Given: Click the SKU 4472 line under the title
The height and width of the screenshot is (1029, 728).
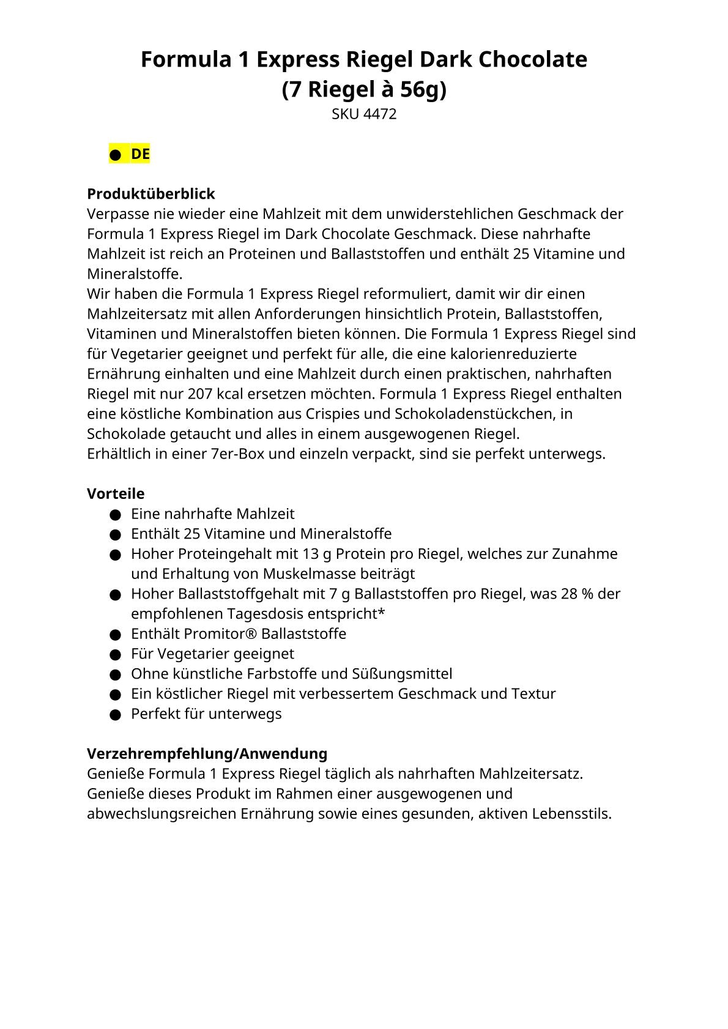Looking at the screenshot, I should click(x=364, y=114).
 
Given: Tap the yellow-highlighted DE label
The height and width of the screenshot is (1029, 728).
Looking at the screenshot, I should click(x=140, y=154).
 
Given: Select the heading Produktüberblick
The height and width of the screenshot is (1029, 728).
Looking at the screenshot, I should click(x=150, y=194).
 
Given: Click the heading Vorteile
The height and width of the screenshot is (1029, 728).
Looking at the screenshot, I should click(x=116, y=493).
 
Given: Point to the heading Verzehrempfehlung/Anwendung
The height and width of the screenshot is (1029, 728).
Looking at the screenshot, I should click(x=207, y=753).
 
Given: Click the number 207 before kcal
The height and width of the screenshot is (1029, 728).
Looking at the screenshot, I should click(x=200, y=394).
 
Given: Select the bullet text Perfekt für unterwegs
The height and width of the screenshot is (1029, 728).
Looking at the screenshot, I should click(x=206, y=714).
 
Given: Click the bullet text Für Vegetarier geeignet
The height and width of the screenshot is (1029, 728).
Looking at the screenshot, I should click(x=212, y=654).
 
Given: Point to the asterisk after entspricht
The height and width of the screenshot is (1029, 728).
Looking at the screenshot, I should click(x=382, y=613).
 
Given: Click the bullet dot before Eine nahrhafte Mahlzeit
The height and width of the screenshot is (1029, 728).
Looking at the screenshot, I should click(x=115, y=515).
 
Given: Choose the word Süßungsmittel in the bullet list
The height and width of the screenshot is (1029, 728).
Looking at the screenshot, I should click(x=402, y=674).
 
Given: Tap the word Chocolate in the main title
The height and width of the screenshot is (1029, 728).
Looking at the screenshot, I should click(x=533, y=59).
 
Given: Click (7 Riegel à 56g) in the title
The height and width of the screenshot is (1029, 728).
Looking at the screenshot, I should click(x=364, y=89).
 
